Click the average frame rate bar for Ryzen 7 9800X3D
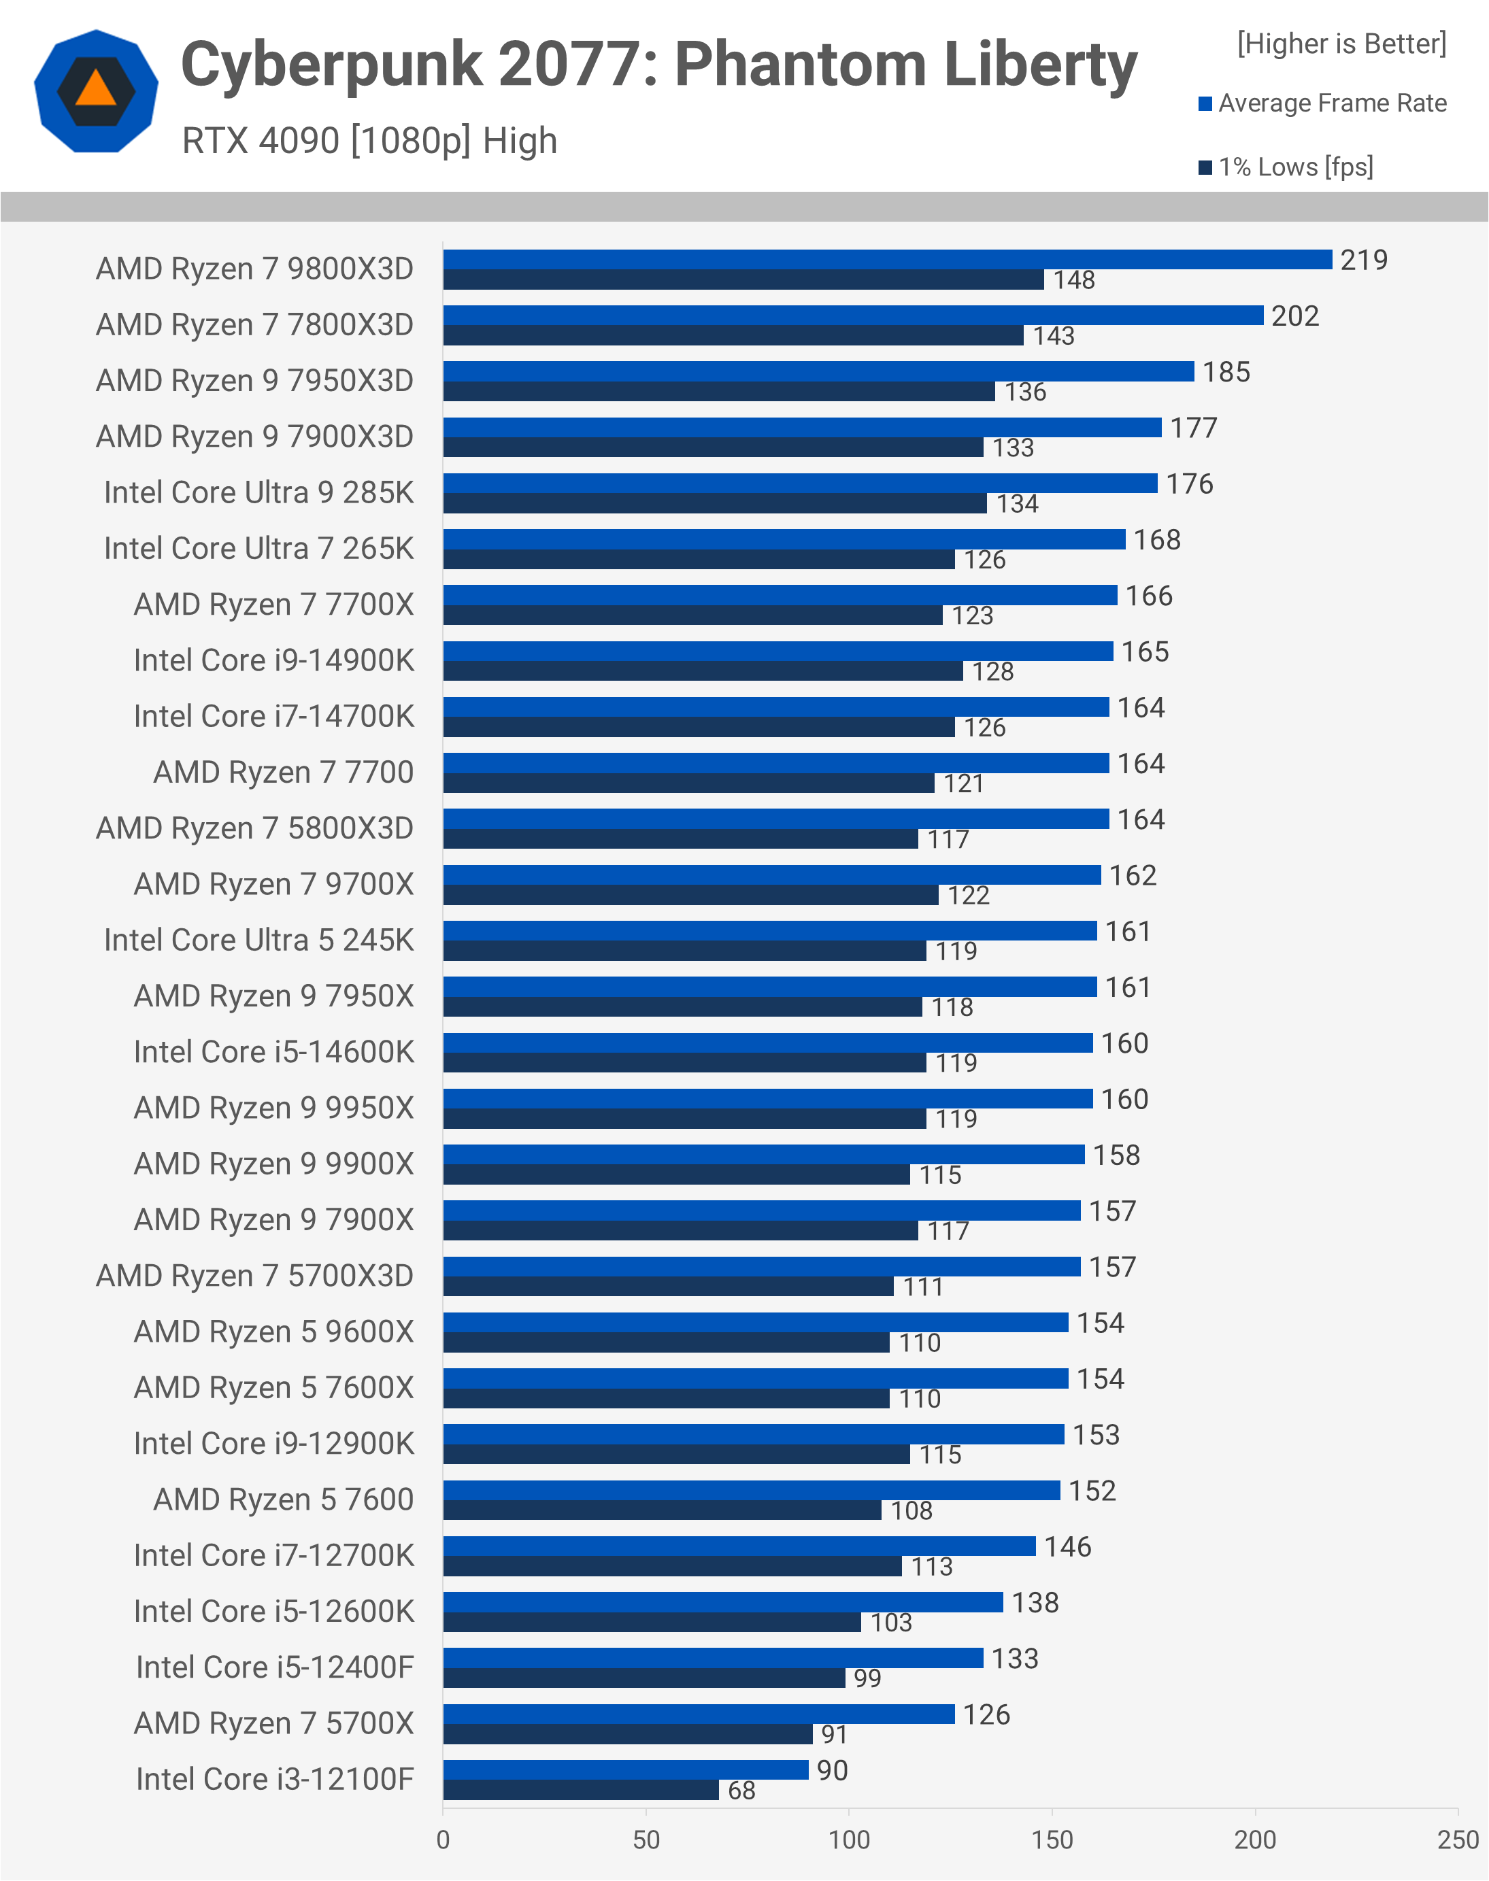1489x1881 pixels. (x=888, y=259)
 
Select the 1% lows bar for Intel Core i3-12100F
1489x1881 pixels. (x=581, y=1789)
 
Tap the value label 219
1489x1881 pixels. (x=1363, y=260)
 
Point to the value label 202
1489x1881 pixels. (x=1294, y=316)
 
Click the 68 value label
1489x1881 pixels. (x=741, y=1791)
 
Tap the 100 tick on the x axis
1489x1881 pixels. (x=848, y=1839)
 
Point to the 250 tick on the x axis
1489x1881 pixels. (x=1457, y=1839)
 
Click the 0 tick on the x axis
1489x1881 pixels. (x=443, y=1839)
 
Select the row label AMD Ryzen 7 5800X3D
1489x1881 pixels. (x=254, y=828)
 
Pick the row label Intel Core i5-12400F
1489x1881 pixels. (x=275, y=1667)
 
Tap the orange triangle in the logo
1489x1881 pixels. (x=96, y=89)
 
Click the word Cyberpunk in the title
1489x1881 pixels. (x=331, y=65)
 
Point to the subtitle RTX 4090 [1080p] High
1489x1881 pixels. (x=369, y=140)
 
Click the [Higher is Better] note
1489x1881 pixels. (x=1341, y=44)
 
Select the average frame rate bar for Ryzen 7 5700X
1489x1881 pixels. (x=699, y=1714)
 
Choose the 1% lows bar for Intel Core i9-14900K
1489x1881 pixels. (x=703, y=671)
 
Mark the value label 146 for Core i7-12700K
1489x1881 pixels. (x=1067, y=1546)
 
